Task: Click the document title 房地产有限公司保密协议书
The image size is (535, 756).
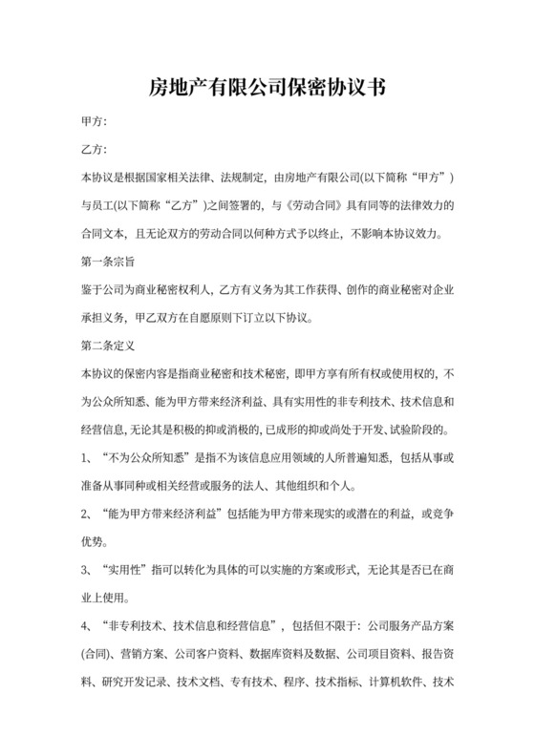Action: coord(267,89)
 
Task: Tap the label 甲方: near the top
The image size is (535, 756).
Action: coord(95,122)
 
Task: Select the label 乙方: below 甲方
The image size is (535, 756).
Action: coord(95,150)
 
